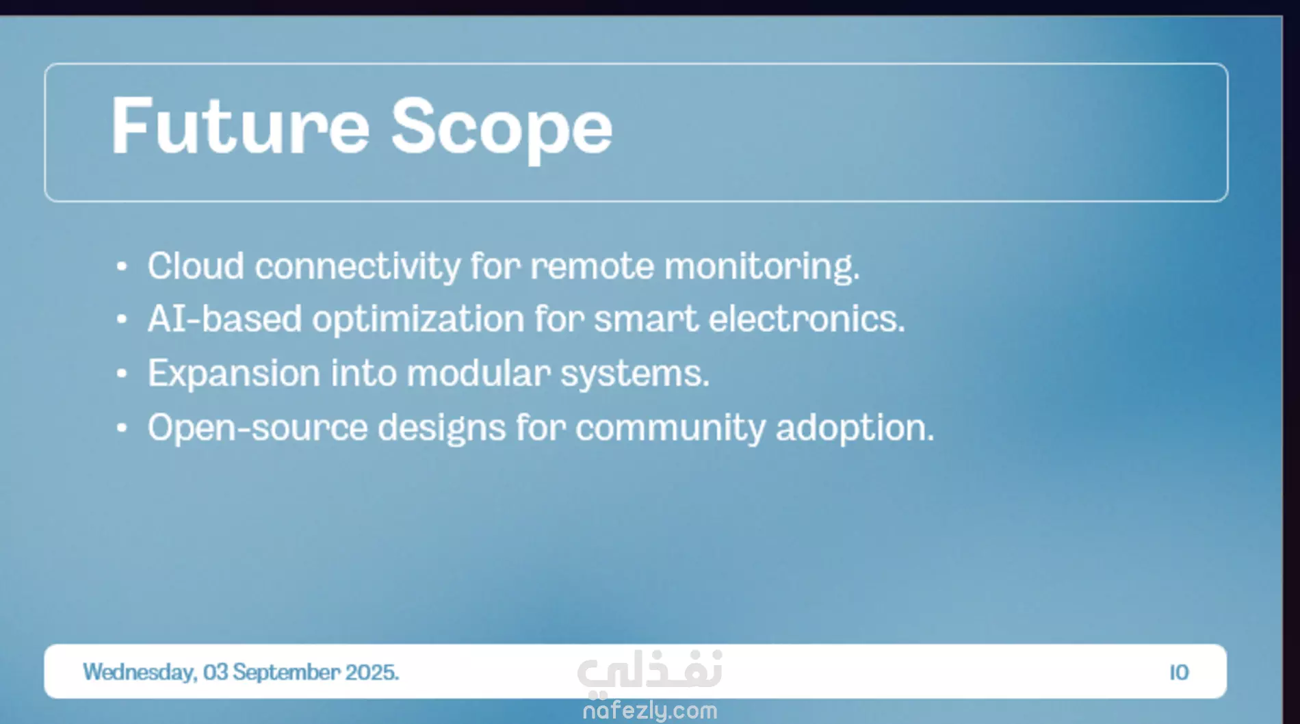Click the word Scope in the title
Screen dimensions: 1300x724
pyautogui.click(x=502, y=130)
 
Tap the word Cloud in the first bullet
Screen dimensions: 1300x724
pyautogui.click(x=196, y=266)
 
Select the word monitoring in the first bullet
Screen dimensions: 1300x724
pyautogui.click(x=762, y=267)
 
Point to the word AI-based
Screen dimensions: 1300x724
pyautogui.click(x=224, y=319)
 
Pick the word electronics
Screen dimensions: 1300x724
pyautogui.click(x=807, y=319)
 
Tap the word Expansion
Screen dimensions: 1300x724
pyautogui.click(x=234, y=374)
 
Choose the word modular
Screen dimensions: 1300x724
pyautogui.click(x=479, y=373)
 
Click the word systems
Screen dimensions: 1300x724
pyautogui.click(x=635, y=375)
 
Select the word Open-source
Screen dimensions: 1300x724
pyautogui.click(x=257, y=428)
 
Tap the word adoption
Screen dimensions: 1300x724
pyautogui.click(x=855, y=428)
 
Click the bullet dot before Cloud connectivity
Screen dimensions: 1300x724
pyautogui.click(x=122, y=266)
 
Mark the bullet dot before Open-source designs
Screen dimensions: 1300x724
pyautogui.click(x=122, y=428)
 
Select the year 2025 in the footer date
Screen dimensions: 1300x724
pyautogui.click(x=372, y=672)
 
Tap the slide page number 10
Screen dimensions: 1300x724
pyautogui.click(x=1179, y=673)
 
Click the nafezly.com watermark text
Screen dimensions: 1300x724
pyautogui.click(x=650, y=711)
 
